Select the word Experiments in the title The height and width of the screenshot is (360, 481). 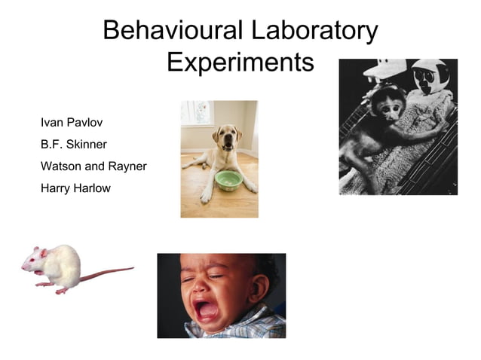(240, 63)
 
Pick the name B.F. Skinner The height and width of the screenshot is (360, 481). (74, 143)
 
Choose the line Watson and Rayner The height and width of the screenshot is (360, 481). (93, 166)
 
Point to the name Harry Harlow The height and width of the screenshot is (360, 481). (75, 188)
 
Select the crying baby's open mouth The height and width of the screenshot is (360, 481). (205, 309)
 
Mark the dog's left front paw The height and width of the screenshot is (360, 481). (206, 197)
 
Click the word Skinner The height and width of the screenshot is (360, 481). (90, 143)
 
